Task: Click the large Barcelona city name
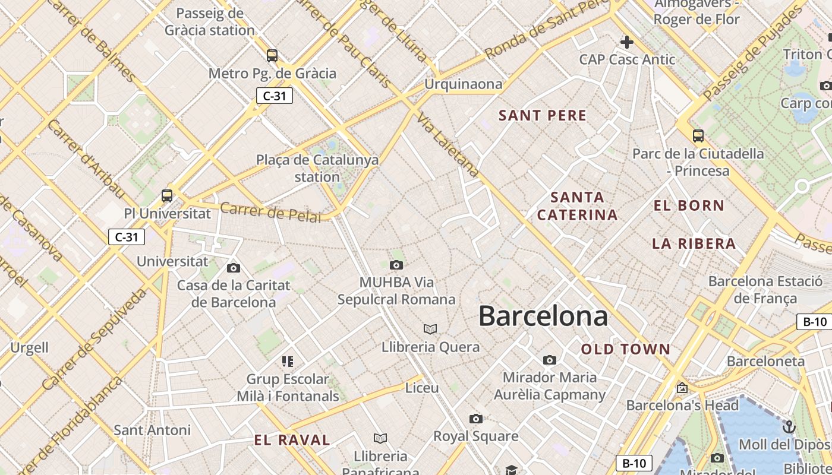coord(543,316)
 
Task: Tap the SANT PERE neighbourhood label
coord(543,115)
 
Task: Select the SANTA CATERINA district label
coord(577,205)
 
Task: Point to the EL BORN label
coord(689,206)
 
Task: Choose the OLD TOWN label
coord(625,349)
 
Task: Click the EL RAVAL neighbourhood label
coord(292,440)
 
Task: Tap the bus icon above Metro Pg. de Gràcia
coord(272,56)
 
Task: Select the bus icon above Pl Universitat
coord(167,195)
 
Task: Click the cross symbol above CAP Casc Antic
coord(626,42)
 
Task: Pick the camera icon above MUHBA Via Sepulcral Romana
coord(396,265)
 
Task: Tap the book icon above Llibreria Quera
coord(430,329)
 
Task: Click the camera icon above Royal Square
coord(475,419)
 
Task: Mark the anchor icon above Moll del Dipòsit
coord(788,427)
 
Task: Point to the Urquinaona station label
coord(463,84)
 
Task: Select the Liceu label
coord(422,388)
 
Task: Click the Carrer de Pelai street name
coord(270,212)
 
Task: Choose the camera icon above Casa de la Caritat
coord(234,268)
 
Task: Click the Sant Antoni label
coord(152,430)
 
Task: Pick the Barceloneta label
coord(765,361)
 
